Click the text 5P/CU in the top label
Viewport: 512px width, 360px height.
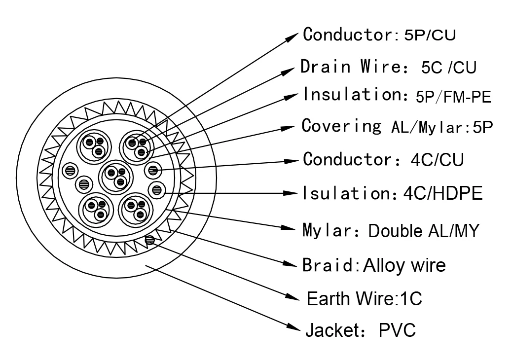point(430,35)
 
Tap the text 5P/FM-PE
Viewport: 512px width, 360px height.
point(453,97)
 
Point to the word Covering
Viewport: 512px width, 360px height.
point(341,126)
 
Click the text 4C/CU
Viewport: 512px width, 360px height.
point(437,160)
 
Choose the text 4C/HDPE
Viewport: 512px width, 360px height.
point(443,193)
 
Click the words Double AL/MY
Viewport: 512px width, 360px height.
point(423,231)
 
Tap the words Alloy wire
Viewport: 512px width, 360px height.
point(404,265)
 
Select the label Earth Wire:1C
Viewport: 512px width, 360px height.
point(365,299)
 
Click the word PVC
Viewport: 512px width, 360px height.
point(397,330)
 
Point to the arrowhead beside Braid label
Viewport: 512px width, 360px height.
point(290,263)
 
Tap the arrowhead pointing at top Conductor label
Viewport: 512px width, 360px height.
point(292,36)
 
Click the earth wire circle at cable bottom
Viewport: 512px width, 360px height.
point(149,240)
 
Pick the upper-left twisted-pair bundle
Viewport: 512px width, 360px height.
point(94,146)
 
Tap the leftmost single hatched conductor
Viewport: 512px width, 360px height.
point(70,171)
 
